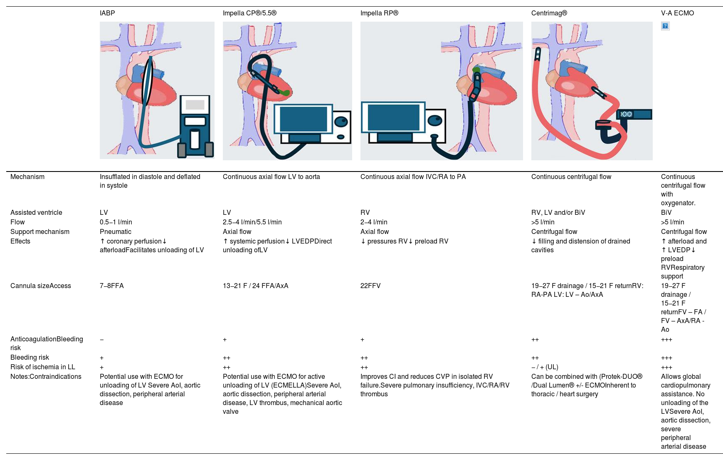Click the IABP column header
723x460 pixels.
coord(107,13)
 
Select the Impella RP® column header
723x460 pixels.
coord(379,13)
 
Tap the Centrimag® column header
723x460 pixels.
coord(549,13)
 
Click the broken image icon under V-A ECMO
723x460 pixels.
coord(665,26)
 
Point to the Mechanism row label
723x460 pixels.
coord(27,177)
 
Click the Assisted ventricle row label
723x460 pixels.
coord(36,213)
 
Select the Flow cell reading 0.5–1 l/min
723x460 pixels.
coord(116,222)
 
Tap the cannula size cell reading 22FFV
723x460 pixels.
coord(370,286)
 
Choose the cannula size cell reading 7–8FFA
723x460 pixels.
coord(112,286)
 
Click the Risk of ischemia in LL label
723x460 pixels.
coord(43,367)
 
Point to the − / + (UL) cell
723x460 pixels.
coord(545,367)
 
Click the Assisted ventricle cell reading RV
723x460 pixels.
coord(365,213)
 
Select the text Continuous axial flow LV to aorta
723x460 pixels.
coord(271,177)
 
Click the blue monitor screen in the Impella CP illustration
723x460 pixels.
coord(304,119)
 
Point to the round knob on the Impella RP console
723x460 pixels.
coord(435,120)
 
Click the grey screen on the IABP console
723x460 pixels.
coord(195,105)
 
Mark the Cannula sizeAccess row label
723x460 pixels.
coord(41,286)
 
